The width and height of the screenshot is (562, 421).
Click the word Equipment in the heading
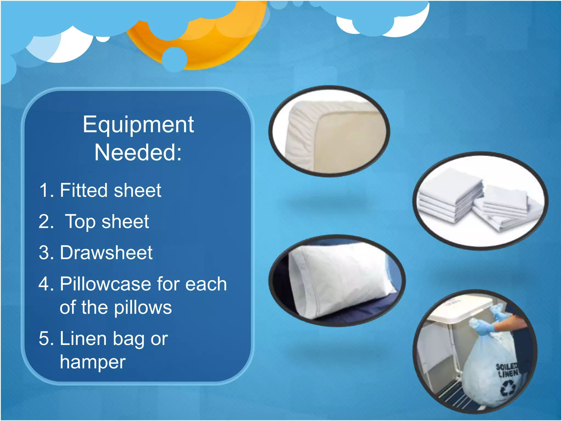[138, 125]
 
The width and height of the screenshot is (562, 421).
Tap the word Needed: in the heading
[138, 153]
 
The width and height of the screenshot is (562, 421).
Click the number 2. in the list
[46, 221]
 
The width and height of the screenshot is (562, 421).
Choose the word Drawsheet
[106, 252]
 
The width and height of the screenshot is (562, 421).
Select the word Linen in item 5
[83, 339]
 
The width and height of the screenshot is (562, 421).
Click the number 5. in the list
[46, 339]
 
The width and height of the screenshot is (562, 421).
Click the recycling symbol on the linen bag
[508, 389]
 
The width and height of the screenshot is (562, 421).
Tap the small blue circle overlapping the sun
[174, 59]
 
